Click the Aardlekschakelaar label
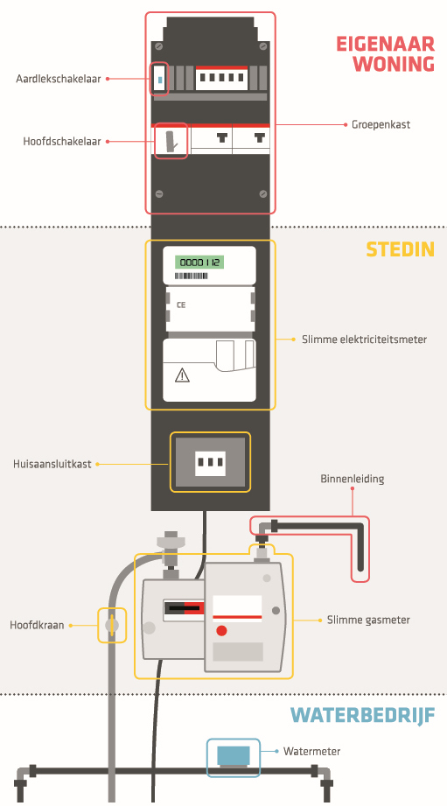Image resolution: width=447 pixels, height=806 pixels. click(x=58, y=79)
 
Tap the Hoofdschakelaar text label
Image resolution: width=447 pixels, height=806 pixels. click(x=61, y=142)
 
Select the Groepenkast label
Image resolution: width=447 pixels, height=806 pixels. click(x=381, y=125)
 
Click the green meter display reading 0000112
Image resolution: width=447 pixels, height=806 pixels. click(x=199, y=263)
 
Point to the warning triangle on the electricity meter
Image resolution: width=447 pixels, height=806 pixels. click(x=182, y=375)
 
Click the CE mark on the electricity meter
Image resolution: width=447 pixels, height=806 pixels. click(x=181, y=305)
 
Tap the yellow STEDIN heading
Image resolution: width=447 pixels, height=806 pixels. click(x=401, y=249)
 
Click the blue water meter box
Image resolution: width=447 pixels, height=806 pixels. click(x=234, y=755)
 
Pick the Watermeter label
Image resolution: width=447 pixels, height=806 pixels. click(x=312, y=752)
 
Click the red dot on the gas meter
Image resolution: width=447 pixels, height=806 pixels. click(x=221, y=630)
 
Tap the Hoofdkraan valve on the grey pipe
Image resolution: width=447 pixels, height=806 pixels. click(x=111, y=625)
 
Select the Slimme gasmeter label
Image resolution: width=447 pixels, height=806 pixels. click(x=368, y=620)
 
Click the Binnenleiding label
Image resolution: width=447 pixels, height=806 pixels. click(x=353, y=479)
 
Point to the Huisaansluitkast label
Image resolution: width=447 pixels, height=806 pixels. click(x=52, y=464)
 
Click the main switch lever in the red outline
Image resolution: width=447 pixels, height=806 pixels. click(x=171, y=142)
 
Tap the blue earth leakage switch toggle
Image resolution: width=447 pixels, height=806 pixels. click(x=160, y=81)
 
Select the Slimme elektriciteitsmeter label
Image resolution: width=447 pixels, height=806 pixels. click(x=364, y=340)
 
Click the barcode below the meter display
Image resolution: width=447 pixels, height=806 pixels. click(x=192, y=277)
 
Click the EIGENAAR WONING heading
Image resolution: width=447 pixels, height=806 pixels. click(x=386, y=54)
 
